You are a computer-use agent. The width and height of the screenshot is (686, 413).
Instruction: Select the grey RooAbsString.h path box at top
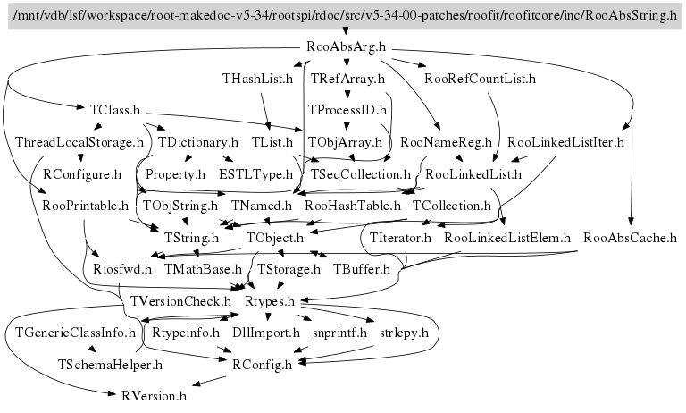(342, 17)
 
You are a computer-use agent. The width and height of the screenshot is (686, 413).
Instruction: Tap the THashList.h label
(257, 80)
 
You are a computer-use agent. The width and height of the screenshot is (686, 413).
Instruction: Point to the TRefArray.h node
(347, 80)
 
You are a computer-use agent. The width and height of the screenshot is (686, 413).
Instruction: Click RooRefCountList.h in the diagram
(480, 80)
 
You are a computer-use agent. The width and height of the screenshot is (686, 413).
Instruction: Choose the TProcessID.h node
(347, 110)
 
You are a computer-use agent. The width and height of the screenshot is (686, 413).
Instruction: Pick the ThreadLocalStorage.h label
(79, 141)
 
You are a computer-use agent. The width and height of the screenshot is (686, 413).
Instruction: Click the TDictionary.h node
(198, 141)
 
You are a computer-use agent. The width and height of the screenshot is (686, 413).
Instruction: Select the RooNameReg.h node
(447, 141)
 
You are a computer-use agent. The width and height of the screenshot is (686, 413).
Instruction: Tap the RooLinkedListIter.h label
(565, 141)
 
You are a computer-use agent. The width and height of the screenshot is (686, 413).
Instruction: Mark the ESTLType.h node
(255, 173)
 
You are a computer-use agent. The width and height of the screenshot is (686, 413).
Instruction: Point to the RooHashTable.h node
(352, 206)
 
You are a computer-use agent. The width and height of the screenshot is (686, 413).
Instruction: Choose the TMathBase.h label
(203, 268)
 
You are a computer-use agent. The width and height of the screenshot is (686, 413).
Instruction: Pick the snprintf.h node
(339, 333)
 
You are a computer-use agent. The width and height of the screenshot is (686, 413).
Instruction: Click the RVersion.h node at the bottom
(148, 394)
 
